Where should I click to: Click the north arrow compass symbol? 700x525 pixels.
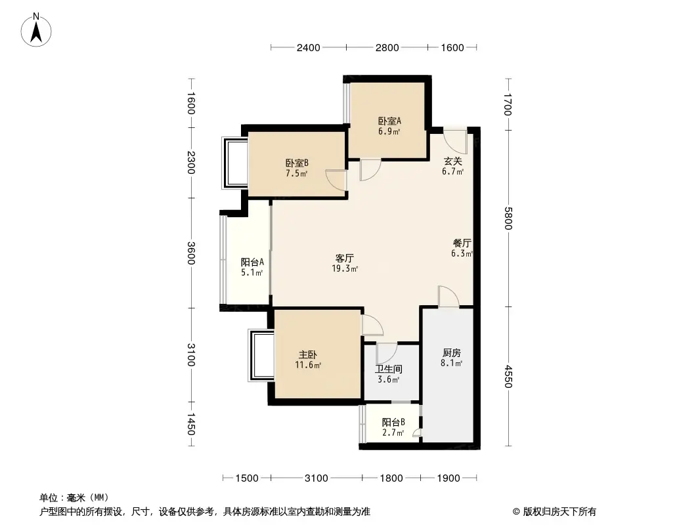pos(37,29)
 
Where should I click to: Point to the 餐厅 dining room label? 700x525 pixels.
pos(462,242)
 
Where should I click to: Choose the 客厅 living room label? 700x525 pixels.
pos(345,258)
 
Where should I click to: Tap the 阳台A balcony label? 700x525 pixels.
pos(252,262)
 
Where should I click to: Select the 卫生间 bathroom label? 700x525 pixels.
pos(388,369)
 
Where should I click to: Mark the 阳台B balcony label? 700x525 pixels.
pos(393,422)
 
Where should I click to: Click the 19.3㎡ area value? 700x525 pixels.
pos(345,268)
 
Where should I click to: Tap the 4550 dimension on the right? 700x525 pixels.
pos(508,377)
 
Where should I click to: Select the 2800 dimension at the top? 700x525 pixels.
pos(387,47)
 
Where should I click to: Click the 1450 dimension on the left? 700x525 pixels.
pos(190,425)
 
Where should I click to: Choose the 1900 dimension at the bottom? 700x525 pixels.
pos(448,478)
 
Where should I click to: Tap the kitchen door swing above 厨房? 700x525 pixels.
pos(448,297)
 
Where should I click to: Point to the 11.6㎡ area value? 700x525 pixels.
pos(308,365)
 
